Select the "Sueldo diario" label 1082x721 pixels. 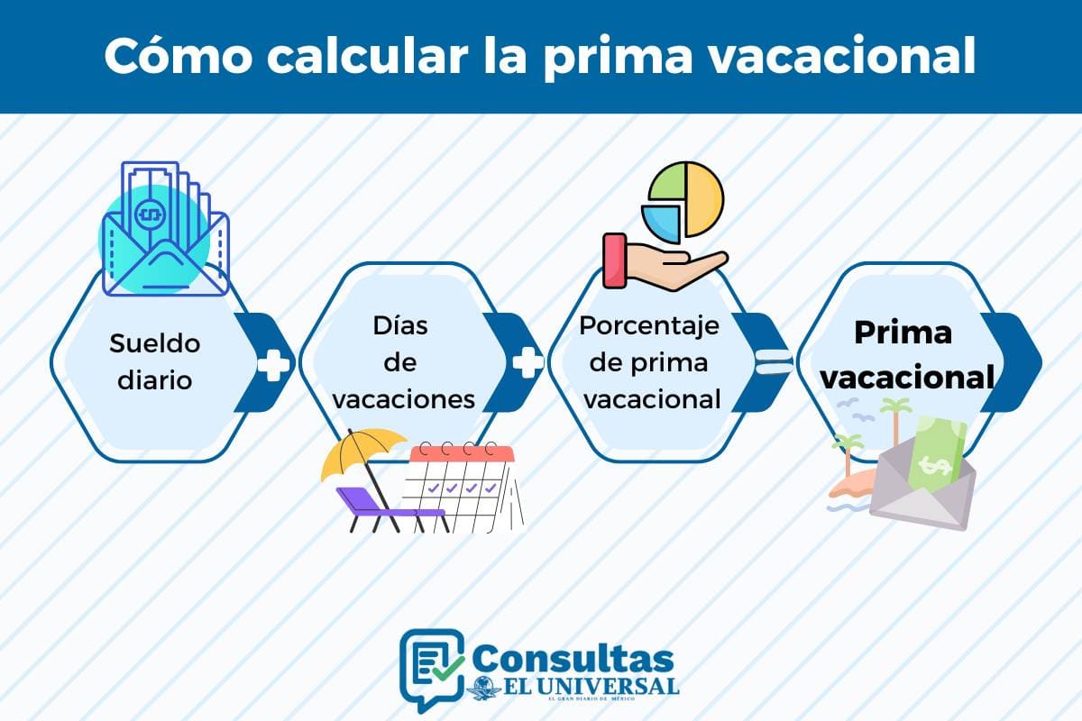[154, 361]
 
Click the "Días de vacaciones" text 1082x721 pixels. [401, 361]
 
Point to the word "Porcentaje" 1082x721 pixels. [649, 325]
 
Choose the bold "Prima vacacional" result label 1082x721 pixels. [903, 355]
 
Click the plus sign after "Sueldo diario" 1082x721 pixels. [273, 364]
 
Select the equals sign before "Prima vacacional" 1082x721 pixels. [774, 364]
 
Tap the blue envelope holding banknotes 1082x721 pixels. [165, 257]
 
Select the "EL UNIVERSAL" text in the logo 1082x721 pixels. [586, 686]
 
